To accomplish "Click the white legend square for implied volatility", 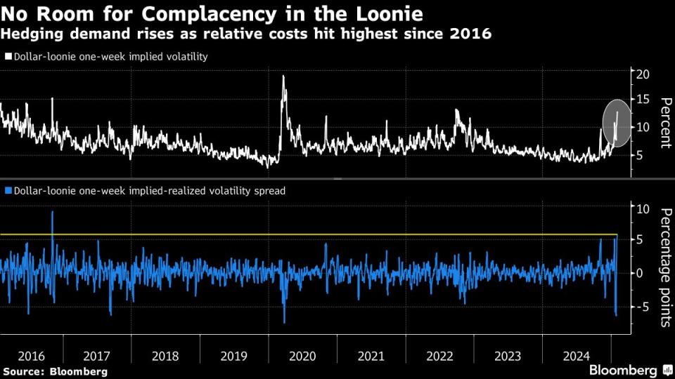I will pyautogui.click(x=8, y=57).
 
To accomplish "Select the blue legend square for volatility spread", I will pyautogui.click(x=8, y=189).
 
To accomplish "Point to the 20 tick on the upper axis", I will pyautogui.click(x=641, y=74).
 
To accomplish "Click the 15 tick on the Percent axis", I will pyautogui.click(x=641, y=100).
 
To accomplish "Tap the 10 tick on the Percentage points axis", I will pyautogui.click(x=641, y=208).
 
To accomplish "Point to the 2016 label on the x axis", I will pyautogui.click(x=31, y=356).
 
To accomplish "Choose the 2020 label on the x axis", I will pyautogui.click(x=303, y=356).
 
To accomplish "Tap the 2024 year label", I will pyautogui.click(x=576, y=356).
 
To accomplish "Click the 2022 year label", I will pyautogui.click(x=439, y=356).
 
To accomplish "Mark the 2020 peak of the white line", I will pyautogui.click(x=283, y=77).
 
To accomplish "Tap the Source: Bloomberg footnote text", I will pyautogui.click(x=56, y=371).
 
